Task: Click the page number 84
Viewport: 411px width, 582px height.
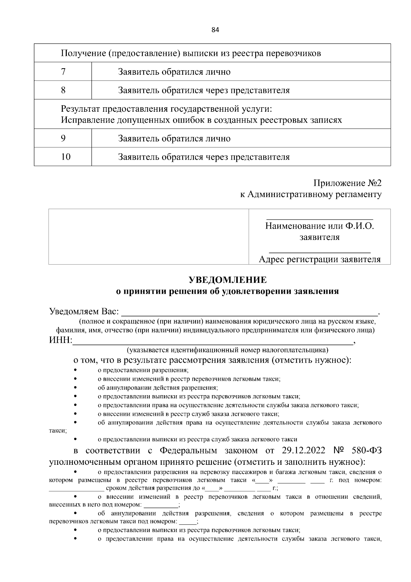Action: [215, 30]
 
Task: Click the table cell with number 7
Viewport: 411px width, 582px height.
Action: [63, 72]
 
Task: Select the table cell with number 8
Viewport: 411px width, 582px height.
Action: [63, 90]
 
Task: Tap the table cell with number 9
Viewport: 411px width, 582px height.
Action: [63, 138]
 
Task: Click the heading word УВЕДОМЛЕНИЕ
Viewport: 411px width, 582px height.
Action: [228, 280]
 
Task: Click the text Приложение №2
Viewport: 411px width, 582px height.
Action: [347, 183]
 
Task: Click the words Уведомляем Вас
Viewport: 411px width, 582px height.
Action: [84, 312]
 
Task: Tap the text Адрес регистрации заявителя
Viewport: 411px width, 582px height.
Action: [320, 259]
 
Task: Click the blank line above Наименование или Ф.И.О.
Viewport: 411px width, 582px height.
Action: [320, 219]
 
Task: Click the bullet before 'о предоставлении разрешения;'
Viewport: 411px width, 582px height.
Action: [75, 370]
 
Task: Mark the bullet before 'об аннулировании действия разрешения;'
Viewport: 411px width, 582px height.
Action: [75, 388]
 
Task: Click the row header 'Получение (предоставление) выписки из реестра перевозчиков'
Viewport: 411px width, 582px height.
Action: [191, 53]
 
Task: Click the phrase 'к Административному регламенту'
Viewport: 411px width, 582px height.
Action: [310, 194]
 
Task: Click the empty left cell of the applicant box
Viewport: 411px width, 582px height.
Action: [149, 237]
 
